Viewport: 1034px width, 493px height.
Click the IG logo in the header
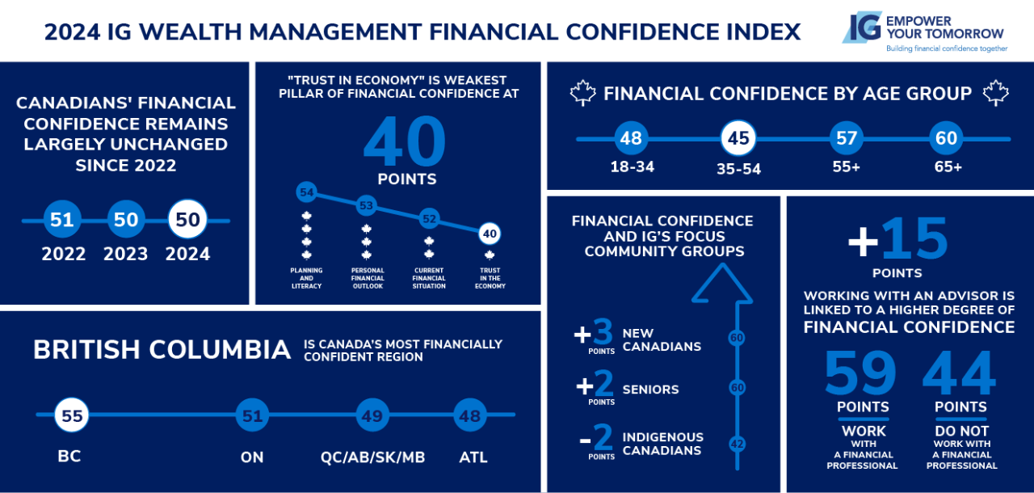(x=861, y=27)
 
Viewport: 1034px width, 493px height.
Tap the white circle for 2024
(x=187, y=219)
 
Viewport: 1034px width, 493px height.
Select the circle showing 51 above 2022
(x=62, y=219)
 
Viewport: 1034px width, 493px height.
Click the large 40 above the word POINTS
(x=405, y=141)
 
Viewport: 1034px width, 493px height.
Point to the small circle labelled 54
(x=306, y=192)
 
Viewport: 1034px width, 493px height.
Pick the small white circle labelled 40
(x=490, y=234)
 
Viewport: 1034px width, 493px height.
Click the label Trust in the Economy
(x=490, y=278)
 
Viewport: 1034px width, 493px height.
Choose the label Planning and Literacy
(x=306, y=278)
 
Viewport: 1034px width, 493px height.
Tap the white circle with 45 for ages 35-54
(x=738, y=138)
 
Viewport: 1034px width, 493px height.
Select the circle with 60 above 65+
(x=946, y=138)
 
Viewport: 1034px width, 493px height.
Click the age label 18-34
(x=632, y=166)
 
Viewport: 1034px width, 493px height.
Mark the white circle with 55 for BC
(x=72, y=415)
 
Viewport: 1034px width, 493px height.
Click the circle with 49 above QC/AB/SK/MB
(x=372, y=415)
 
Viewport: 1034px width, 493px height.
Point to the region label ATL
(x=473, y=457)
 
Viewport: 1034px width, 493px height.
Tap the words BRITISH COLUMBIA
(x=162, y=349)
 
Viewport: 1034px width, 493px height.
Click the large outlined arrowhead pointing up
(x=722, y=284)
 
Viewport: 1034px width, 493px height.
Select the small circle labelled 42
(x=737, y=444)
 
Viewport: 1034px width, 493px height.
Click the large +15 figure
(x=897, y=239)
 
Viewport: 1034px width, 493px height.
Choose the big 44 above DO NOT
(x=959, y=372)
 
